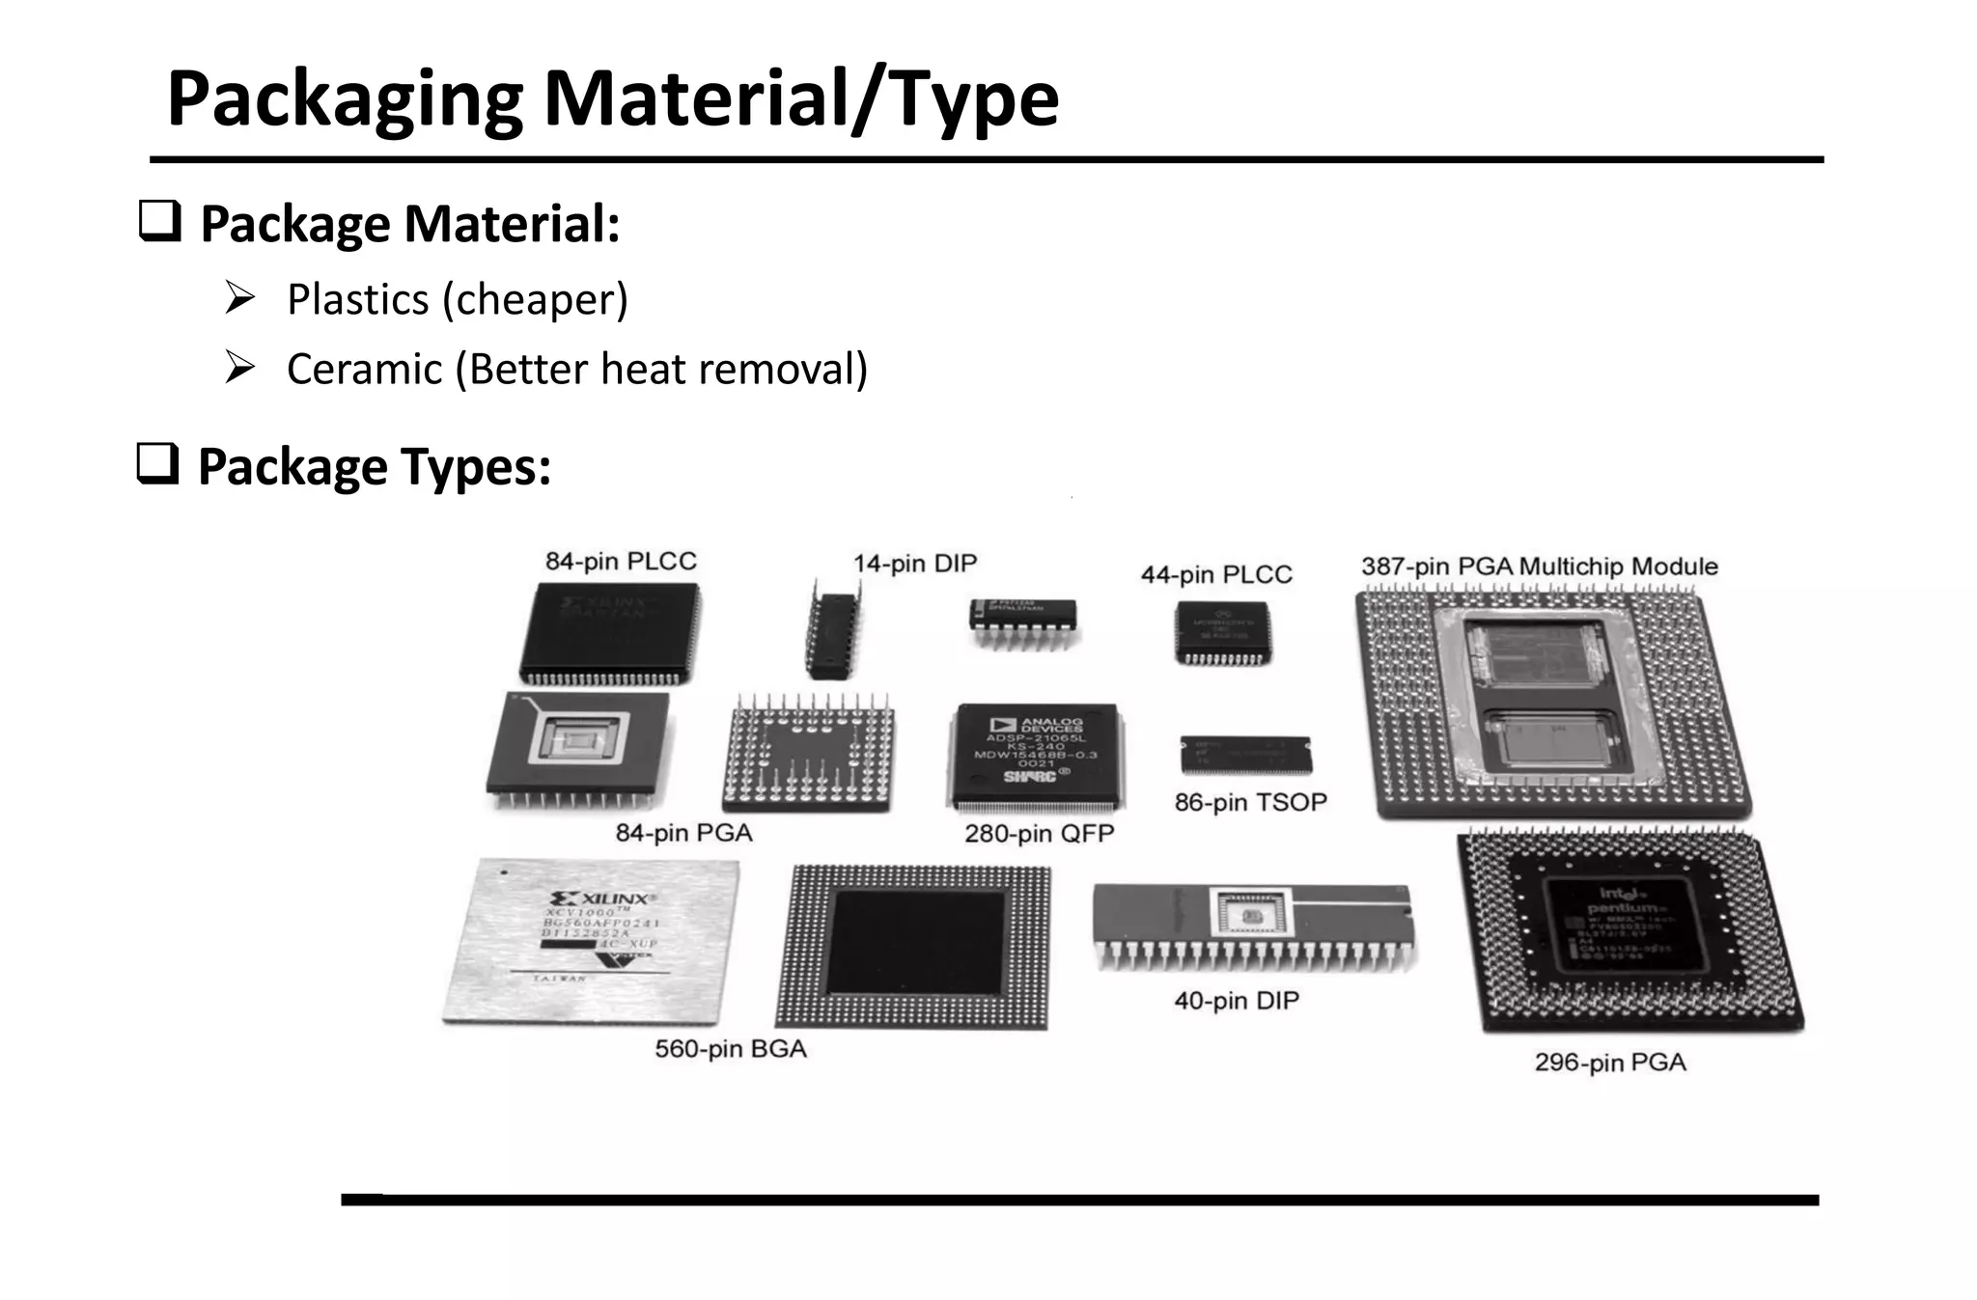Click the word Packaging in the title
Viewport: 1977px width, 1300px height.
345,99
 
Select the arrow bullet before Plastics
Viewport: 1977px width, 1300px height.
239,297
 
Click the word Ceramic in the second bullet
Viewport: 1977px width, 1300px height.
364,370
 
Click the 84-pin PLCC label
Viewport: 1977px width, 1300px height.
621,561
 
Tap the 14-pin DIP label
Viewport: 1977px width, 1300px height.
914,563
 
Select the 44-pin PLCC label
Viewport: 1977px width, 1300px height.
1215,574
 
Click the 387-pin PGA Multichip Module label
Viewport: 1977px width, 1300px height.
1539,567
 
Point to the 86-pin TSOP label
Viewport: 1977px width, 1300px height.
1250,802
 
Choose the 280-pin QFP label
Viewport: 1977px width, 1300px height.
1039,833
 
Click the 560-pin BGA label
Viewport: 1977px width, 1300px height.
730,1048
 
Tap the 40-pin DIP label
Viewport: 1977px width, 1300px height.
1236,1000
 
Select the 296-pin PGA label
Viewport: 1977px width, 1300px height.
1609,1062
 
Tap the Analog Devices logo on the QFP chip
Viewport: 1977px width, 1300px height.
1038,725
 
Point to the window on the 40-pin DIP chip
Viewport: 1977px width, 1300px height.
1251,913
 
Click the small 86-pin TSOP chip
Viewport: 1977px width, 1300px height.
1245,755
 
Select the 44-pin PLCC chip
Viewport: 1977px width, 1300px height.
1222,633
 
